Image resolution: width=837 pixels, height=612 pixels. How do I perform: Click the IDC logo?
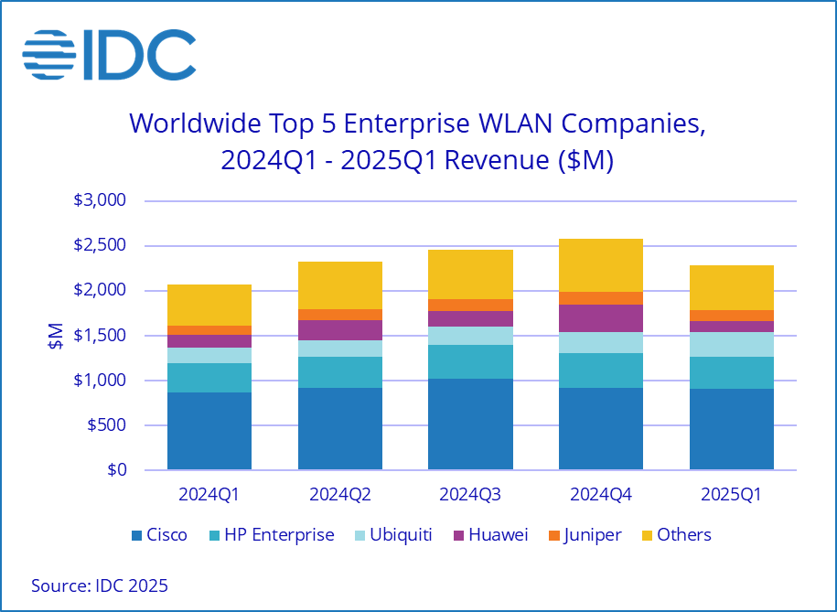[x=109, y=54]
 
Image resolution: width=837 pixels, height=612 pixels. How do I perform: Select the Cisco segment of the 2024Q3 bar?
[x=470, y=424]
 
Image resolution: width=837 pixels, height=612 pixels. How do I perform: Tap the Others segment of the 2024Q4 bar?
[x=601, y=265]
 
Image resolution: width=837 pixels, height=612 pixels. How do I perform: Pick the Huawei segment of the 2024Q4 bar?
[x=601, y=318]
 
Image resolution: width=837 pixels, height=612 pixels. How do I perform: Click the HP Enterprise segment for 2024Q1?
[x=209, y=378]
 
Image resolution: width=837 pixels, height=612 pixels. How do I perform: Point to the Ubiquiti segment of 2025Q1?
[x=732, y=344]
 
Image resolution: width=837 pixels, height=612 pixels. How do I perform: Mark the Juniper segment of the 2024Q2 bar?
[x=340, y=315]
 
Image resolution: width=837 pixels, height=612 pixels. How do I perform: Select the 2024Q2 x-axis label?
[x=340, y=495]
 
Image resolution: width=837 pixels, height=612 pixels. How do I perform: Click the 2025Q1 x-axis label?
[x=732, y=495]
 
